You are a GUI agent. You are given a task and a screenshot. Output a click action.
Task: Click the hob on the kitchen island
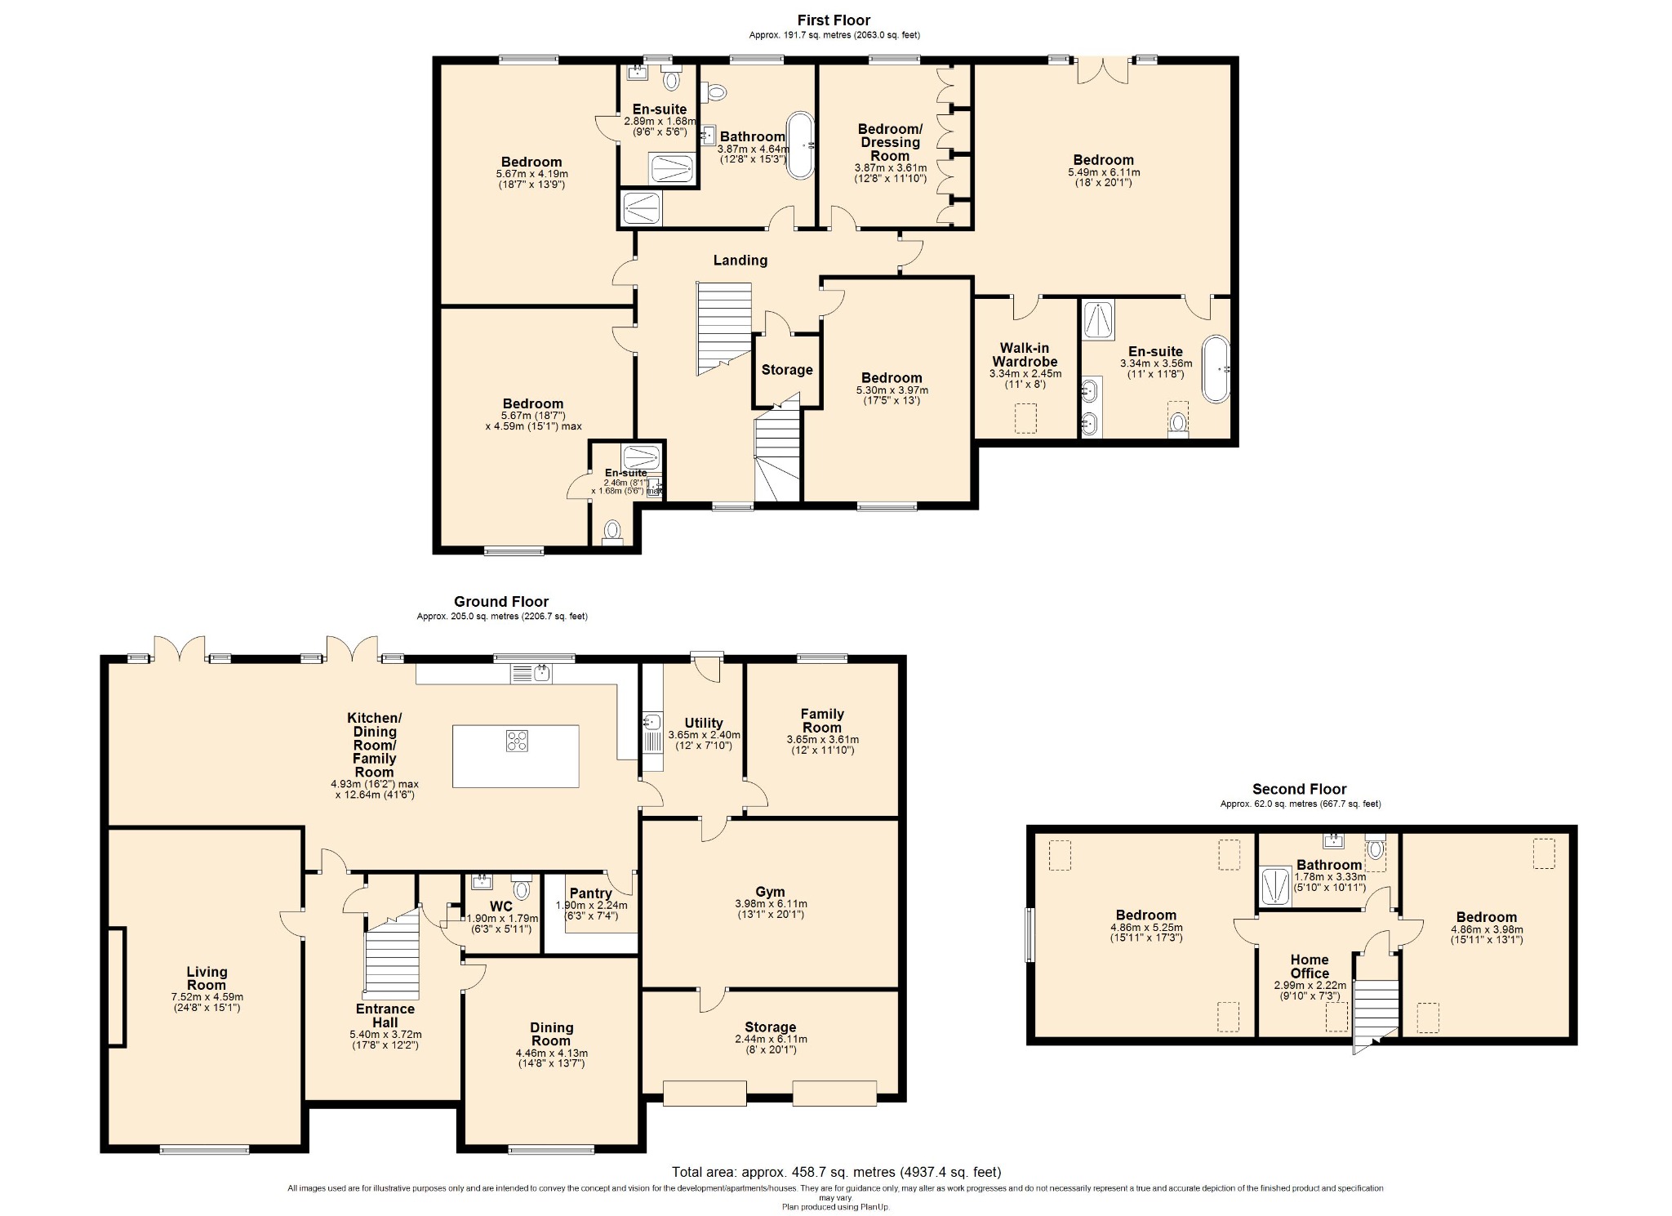517,740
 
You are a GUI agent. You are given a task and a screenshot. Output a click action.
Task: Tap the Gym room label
770,892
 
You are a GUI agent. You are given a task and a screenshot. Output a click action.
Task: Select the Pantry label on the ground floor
590,893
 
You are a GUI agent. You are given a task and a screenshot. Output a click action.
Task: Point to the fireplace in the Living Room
117,987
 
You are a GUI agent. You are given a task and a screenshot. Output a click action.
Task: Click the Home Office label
1310,966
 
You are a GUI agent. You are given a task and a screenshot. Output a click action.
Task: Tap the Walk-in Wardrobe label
1025,355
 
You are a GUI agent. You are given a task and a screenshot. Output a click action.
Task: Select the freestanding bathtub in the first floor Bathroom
799,145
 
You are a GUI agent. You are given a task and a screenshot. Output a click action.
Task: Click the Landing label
740,261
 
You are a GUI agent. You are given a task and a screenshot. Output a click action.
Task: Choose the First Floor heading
834,20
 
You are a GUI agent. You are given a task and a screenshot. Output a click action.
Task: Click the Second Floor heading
1300,789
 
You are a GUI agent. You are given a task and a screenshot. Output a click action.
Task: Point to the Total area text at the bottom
836,1172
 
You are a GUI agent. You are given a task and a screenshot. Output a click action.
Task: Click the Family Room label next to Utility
822,720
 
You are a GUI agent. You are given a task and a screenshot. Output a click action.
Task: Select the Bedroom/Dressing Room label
890,142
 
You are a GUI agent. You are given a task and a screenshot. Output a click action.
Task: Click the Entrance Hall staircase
392,956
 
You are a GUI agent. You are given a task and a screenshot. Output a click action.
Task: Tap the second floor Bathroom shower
1275,886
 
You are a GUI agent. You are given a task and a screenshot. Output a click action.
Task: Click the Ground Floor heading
501,602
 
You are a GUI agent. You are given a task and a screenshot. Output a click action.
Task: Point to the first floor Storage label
787,370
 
